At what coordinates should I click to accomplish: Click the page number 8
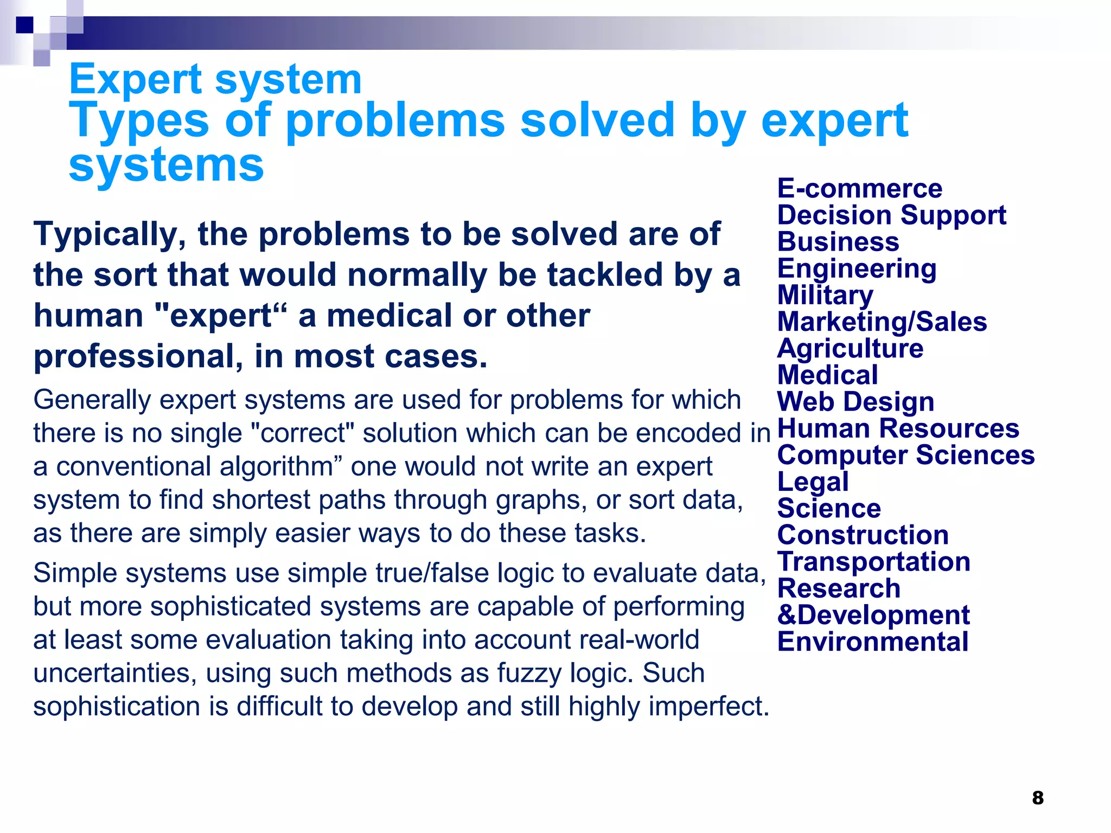coord(1038,798)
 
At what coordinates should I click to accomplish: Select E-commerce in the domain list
coord(860,189)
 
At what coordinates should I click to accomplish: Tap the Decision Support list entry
coord(892,215)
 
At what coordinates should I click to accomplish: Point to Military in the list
coord(825,296)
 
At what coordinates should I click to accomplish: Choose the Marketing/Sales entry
coord(882,322)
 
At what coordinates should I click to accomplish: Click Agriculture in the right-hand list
coord(850,349)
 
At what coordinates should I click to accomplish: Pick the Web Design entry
coord(855,402)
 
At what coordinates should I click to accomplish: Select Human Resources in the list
coord(898,428)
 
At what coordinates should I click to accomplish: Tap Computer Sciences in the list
coord(906,455)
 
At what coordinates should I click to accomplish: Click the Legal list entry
coord(813,482)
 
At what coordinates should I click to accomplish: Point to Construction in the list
coord(863,535)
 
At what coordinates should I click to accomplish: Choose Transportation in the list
coord(874,562)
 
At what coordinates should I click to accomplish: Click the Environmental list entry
coord(873,642)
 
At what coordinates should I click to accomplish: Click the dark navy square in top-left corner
coord(24,24)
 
